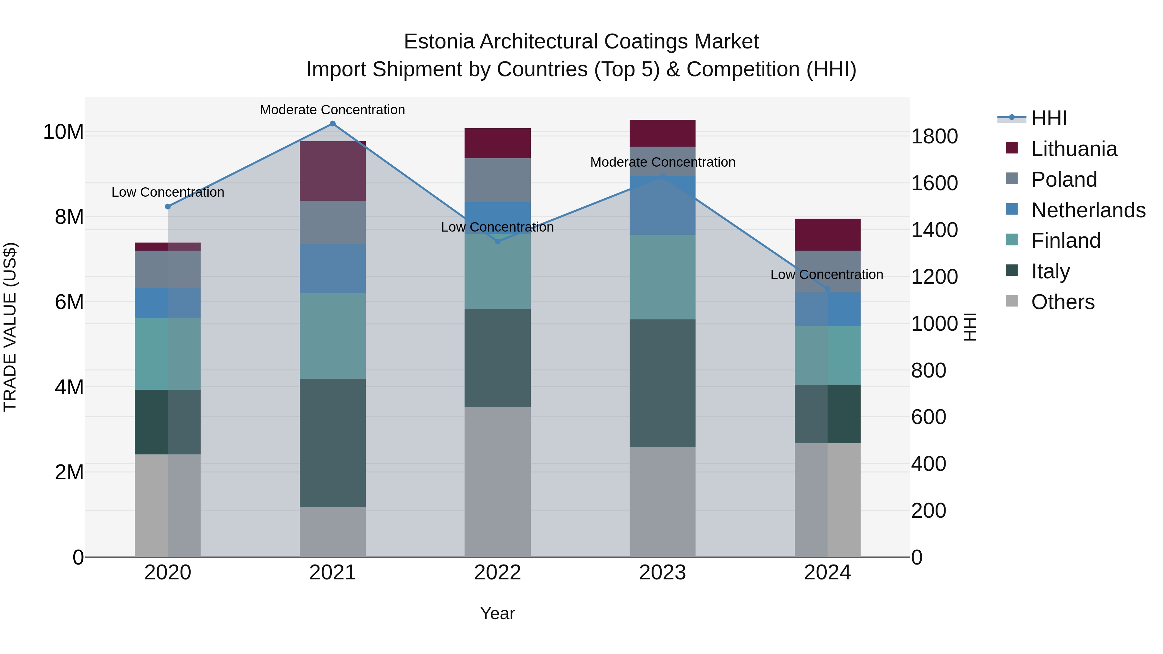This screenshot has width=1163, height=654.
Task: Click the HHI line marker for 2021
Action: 332,124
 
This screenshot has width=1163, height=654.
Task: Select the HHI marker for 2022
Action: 498,242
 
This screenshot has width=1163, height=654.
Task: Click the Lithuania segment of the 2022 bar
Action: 498,143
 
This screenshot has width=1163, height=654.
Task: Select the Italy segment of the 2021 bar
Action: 332,442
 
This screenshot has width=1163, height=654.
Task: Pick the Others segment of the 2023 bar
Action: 662,502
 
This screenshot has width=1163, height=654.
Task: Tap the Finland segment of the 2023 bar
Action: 662,277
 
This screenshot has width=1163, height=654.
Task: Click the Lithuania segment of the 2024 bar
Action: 828,235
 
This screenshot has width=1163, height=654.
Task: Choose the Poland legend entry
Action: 1064,180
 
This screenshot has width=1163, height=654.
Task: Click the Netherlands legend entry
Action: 1088,210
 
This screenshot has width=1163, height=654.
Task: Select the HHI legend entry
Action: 1048,118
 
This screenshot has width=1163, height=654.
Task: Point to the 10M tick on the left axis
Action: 63,132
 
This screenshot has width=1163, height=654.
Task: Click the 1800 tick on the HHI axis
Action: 934,136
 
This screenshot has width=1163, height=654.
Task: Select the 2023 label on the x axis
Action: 662,573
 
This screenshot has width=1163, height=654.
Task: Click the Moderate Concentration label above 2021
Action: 332,110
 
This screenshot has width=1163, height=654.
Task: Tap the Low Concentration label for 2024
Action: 827,275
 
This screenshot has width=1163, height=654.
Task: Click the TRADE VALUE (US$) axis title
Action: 10,327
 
